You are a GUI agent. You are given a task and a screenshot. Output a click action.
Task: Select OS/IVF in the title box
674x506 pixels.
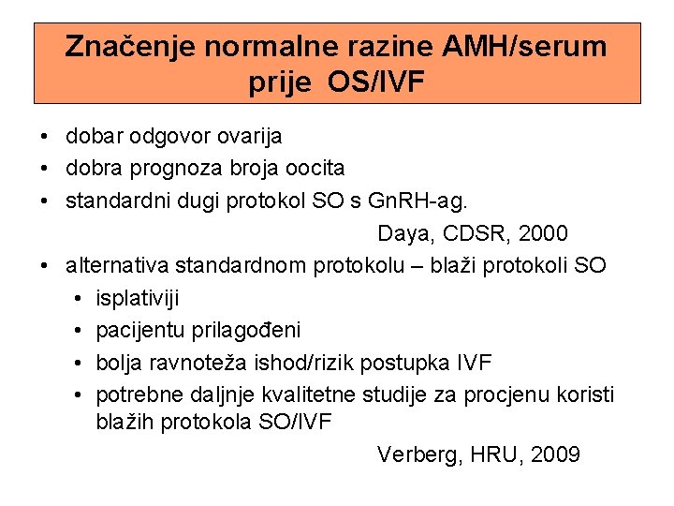(376, 82)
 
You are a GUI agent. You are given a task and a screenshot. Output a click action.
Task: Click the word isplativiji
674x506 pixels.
(139, 298)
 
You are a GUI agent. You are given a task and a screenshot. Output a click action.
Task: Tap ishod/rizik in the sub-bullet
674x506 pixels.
(316, 362)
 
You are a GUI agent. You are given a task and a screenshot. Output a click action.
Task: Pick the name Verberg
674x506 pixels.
(417, 455)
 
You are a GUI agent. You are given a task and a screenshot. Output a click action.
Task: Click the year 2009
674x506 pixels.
(554, 455)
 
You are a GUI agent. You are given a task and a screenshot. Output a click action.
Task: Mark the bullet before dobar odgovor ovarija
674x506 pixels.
(45, 137)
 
